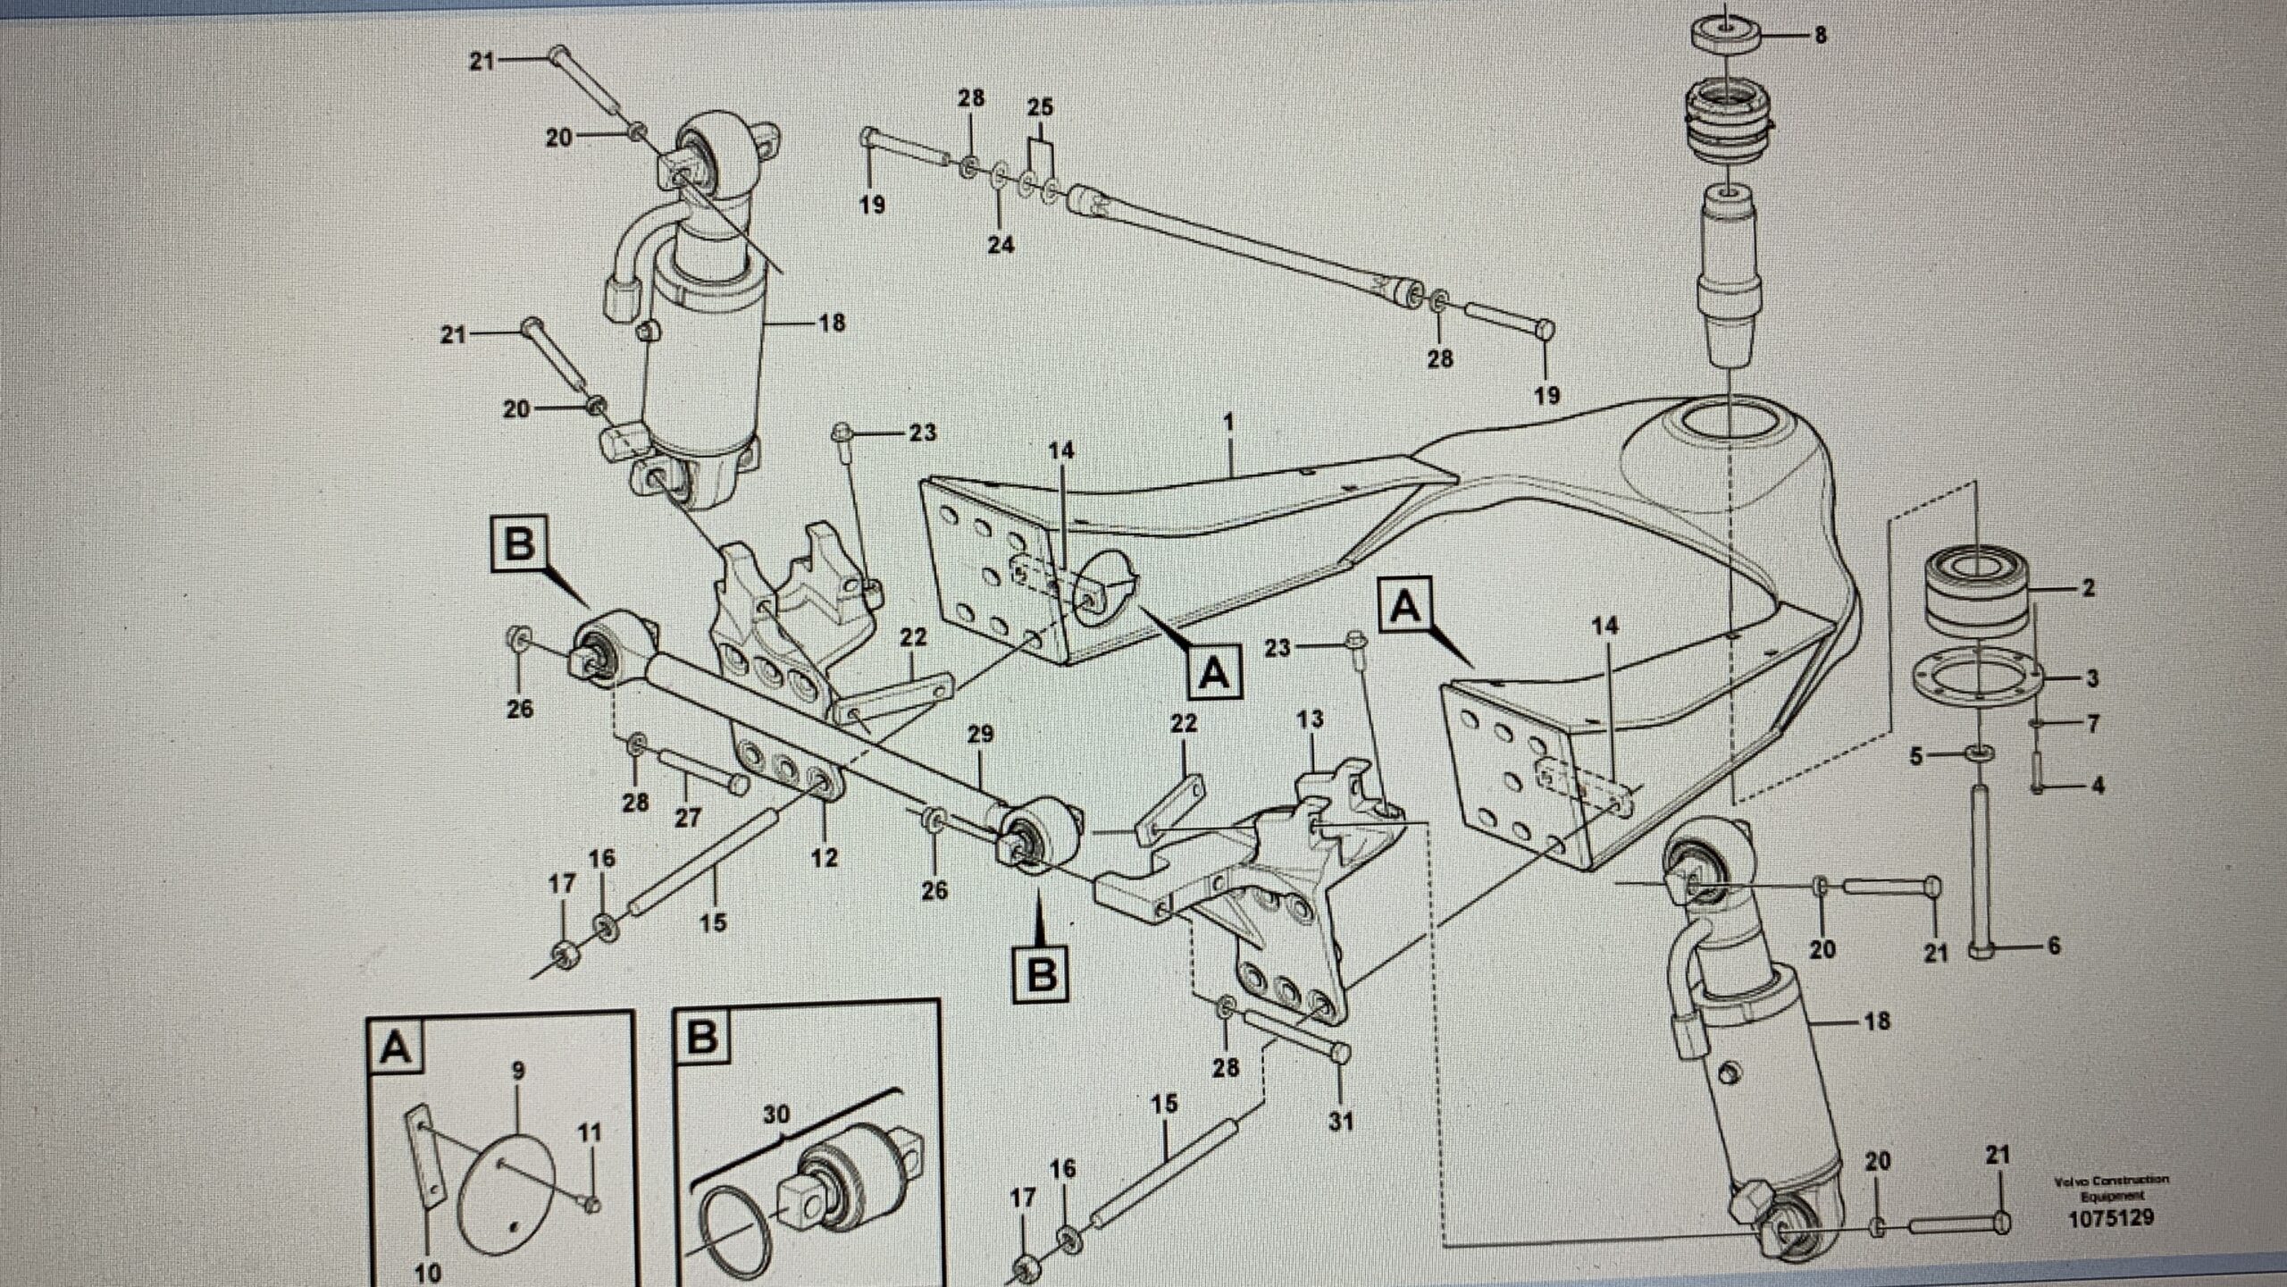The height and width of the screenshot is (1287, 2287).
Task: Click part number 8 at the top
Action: point(1819,37)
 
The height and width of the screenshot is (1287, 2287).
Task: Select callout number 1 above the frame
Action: point(1229,420)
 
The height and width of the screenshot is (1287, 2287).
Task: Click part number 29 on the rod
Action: point(980,735)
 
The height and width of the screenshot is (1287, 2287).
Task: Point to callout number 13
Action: point(1310,719)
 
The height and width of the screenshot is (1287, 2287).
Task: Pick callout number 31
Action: point(1341,1120)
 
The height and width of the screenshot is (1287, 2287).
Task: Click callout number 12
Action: point(825,857)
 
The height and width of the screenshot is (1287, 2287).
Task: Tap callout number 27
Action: point(687,817)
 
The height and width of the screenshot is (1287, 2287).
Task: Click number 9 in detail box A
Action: point(519,1071)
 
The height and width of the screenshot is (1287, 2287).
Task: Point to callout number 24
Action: point(1001,243)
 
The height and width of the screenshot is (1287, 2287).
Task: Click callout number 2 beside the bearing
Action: point(2088,588)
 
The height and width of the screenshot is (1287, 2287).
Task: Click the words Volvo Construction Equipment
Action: point(2110,1188)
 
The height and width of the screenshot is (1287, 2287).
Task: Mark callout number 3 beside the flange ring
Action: point(2092,678)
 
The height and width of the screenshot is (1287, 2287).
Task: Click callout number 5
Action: point(1915,757)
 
